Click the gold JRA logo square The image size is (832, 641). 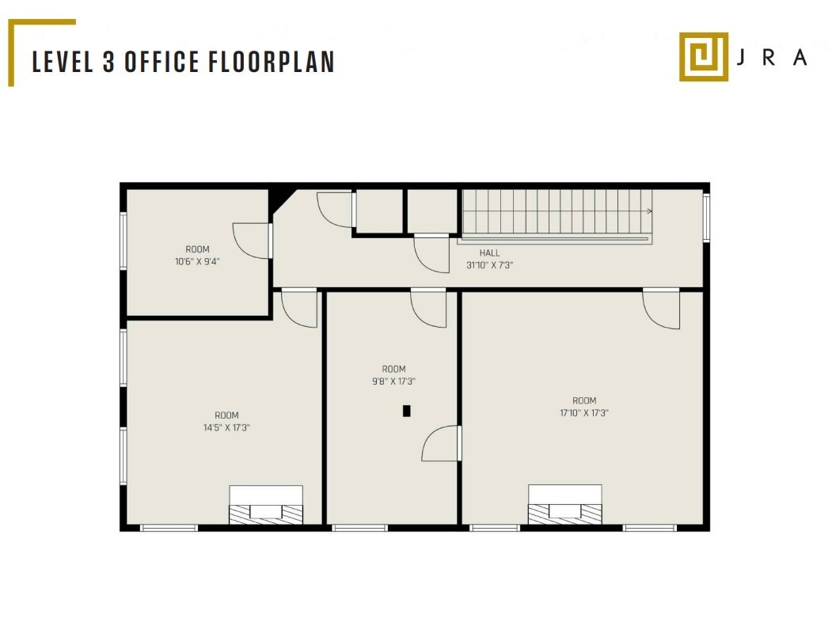(x=703, y=56)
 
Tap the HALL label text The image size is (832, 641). (x=489, y=253)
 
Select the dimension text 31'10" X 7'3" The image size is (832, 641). (x=489, y=266)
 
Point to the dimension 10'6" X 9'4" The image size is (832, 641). (x=197, y=261)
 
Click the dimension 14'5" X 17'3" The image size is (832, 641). (x=226, y=427)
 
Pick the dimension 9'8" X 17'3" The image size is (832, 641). (x=393, y=381)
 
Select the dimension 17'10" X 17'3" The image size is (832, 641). (x=584, y=412)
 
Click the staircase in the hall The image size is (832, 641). (x=557, y=213)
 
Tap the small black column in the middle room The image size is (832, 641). (x=407, y=411)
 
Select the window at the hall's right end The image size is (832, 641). (x=706, y=218)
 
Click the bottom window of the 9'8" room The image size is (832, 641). (x=360, y=528)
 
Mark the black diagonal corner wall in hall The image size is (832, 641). (x=281, y=198)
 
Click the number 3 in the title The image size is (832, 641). (x=108, y=63)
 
